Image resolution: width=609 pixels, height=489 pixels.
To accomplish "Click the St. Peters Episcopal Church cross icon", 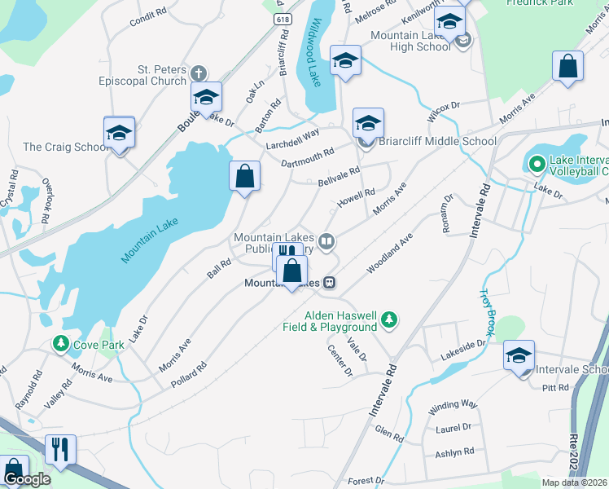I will pyautogui.click(x=197, y=74).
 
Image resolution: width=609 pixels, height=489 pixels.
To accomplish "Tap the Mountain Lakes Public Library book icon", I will pyautogui.click(x=326, y=240).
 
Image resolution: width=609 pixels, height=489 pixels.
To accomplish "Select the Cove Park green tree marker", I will pyautogui.click(x=61, y=345).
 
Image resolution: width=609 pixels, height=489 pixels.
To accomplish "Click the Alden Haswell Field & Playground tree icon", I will pyautogui.click(x=390, y=319).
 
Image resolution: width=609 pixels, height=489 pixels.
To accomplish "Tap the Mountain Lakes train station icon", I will pyautogui.click(x=329, y=283).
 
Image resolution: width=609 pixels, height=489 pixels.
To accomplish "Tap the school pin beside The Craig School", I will pyautogui.click(x=119, y=133).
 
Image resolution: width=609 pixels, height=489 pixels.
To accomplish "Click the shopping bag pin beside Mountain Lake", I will pyautogui.click(x=245, y=175).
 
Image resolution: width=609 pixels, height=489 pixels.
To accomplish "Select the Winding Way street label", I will pyautogui.click(x=453, y=403).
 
